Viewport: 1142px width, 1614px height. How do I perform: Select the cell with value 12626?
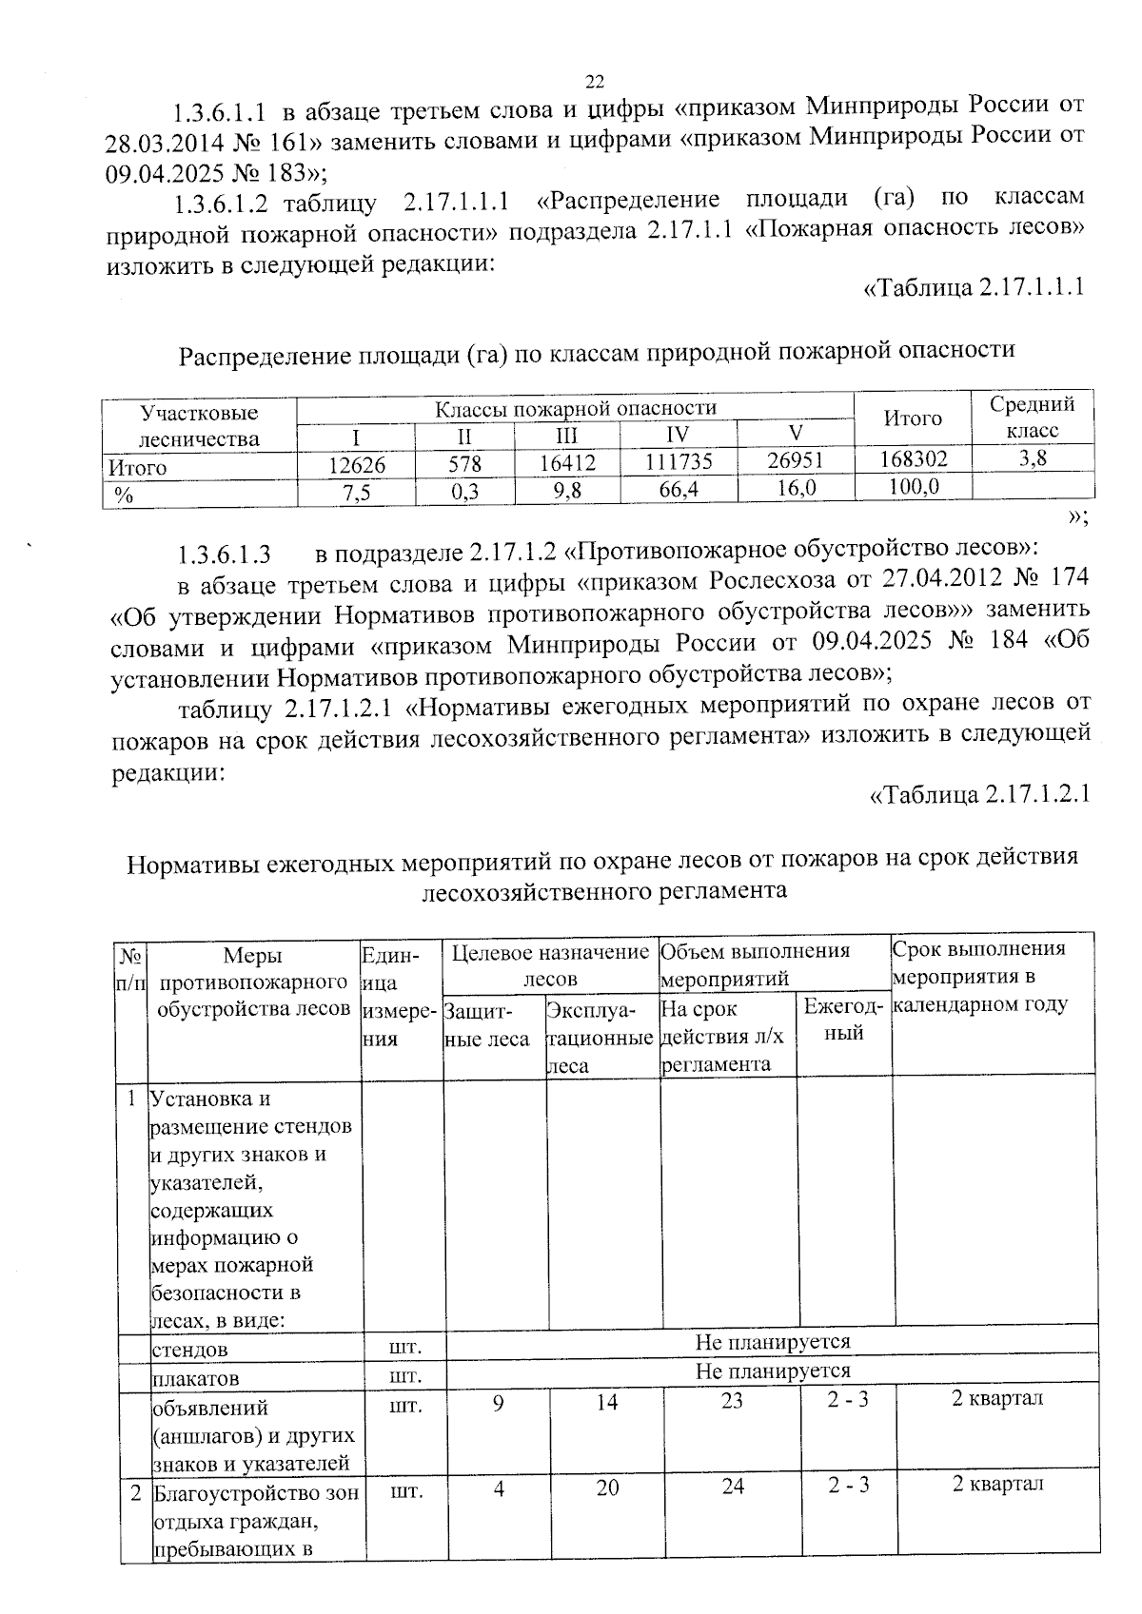(356, 464)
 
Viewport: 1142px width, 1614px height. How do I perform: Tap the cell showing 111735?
(678, 462)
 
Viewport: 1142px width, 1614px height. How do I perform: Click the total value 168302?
(913, 459)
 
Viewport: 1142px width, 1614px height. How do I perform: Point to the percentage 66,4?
(678, 489)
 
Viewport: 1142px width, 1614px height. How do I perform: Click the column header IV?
(678, 437)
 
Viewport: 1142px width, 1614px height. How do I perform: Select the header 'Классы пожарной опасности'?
(575, 409)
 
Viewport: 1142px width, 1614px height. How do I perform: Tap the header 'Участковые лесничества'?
(199, 425)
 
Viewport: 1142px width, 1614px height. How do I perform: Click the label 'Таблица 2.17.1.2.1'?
(979, 793)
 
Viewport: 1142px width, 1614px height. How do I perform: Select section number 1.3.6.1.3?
(225, 554)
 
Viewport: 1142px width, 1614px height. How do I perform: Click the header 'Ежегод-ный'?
(843, 1019)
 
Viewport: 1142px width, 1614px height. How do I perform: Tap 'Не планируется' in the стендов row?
(772, 1342)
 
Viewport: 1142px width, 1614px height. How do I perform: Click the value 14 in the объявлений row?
(607, 1401)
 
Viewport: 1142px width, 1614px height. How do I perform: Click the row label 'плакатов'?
(195, 1378)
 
